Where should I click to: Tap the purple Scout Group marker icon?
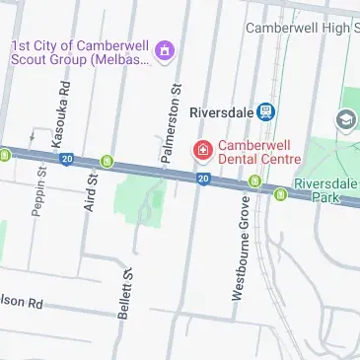coord(165,49)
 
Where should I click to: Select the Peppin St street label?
coord(41,190)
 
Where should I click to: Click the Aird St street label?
coord(92,193)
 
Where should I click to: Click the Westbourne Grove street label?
coord(240,248)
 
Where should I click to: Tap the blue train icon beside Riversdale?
coord(265,110)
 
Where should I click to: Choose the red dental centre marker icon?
coord(200,150)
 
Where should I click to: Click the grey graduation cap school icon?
coord(345,120)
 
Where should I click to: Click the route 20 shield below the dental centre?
coord(202,178)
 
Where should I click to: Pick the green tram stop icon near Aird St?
coord(107,161)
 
